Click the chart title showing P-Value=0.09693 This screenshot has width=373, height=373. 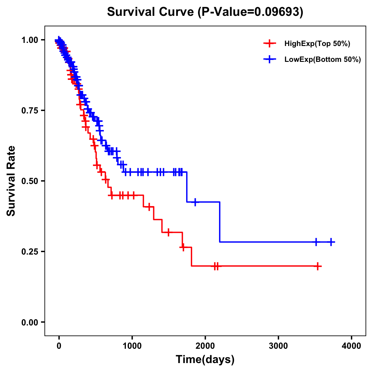(x=205, y=12)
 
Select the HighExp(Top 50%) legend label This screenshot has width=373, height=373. (x=317, y=44)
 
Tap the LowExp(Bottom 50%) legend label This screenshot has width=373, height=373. (x=322, y=60)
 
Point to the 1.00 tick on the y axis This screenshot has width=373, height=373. (x=29, y=40)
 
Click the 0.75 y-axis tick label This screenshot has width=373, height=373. (x=29, y=111)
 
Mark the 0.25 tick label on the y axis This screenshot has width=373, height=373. (x=29, y=252)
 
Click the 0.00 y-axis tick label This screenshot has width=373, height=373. (x=29, y=322)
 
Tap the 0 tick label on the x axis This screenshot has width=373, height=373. (x=59, y=346)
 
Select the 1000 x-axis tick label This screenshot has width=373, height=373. (x=132, y=346)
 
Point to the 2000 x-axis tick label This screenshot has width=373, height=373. (x=205, y=346)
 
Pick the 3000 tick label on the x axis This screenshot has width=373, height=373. (x=278, y=346)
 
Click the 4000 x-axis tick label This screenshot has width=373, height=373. (x=351, y=346)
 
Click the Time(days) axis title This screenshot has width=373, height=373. (x=205, y=360)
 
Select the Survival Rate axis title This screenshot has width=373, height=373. (x=11, y=181)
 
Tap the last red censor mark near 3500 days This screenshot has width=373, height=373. (x=317, y=266)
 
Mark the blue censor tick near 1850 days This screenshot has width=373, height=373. (x=195, y=202)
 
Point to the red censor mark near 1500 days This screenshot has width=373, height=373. (x=168, y=232)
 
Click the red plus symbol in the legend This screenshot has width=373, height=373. (x=269, y=44)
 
